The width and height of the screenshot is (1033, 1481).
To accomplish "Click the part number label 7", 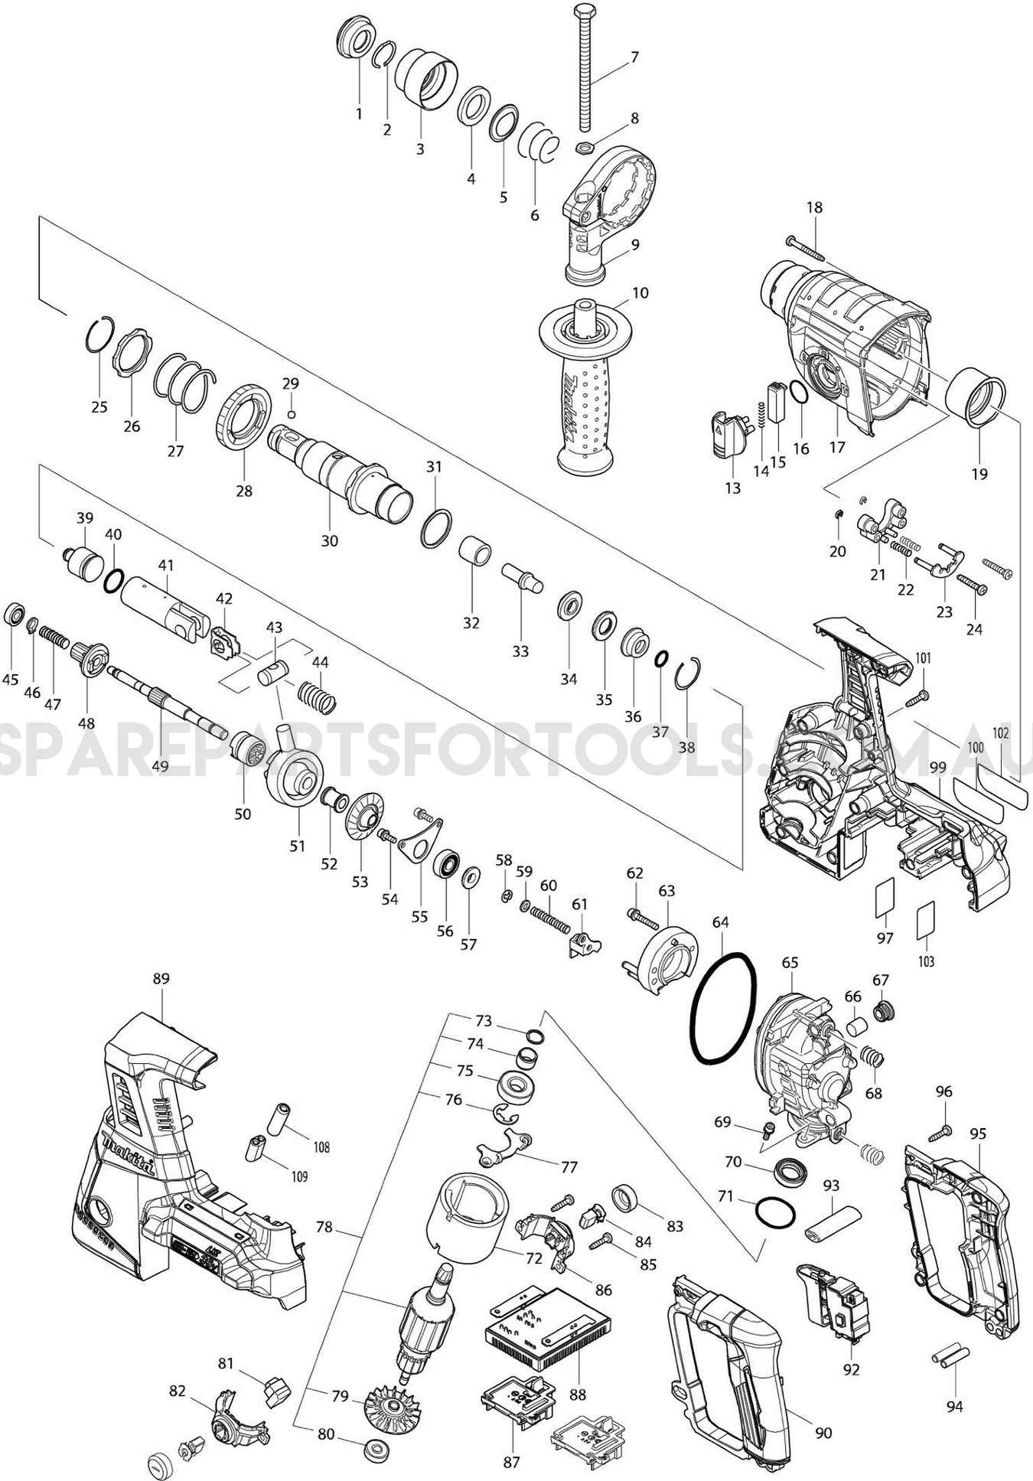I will [x=634, y=57].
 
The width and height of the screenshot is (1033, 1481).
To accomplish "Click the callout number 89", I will [x=161, y=978].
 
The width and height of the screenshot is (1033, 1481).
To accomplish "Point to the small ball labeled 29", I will [x=291, y=414].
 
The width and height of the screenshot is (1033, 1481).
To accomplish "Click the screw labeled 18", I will [x=803, y=249].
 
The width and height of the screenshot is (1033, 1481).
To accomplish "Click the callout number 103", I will [x=926, y=961].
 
